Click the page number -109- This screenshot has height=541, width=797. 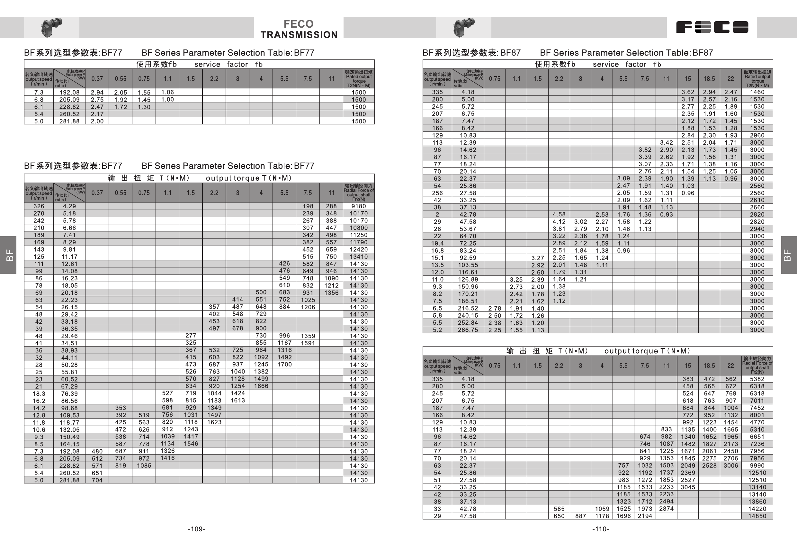pyautogui.click(x=196, y=529)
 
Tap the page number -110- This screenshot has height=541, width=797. pyautogui.click(x=601, y=529)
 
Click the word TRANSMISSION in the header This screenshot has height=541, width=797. pyautogui.click(x=299, y=35)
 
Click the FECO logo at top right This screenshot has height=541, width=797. pyautogui.click(x=712, y=27)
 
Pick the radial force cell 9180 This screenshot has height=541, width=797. pyautogui.click(x=358, y=206)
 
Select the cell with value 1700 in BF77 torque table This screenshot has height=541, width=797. pyautogui.click(x=284, y=364)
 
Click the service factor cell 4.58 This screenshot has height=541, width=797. pyautogui.click(x=559, y=214)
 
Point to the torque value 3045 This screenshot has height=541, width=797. pyautogui.click(x=688, y=487)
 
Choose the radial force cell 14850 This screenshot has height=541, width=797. pyautogui.click(x=757, y=516)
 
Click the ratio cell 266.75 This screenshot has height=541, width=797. pyautogui.click(x=468, y=330)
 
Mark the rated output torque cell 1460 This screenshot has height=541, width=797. pyautogui.click(x=757, y=92)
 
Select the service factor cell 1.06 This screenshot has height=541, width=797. pyautogui.click(x=167, y=92)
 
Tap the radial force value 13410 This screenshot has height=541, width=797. pyautogui.click(x=358, y=257)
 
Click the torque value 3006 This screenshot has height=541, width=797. pyautogui.click(x=730, y=465)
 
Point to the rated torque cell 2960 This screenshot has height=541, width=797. pyautogui.click(x=757, y=135)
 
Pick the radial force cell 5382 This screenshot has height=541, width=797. pyautogui.click(x=757, y=379)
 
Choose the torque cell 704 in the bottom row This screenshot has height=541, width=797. pyautogui.click(x=97, y=480)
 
